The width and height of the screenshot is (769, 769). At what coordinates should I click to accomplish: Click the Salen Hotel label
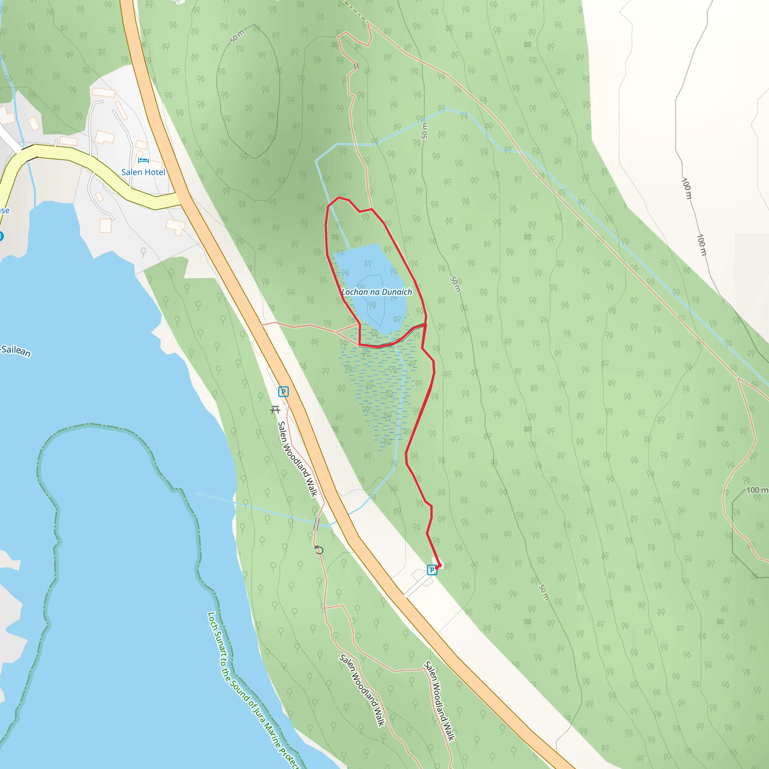click(143, 172)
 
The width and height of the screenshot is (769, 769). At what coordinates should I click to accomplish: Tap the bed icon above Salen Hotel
click(143, 160)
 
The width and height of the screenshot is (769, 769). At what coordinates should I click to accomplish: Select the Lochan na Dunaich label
click(377, 292)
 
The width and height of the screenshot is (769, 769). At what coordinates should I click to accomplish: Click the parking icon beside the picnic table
click(283, 392)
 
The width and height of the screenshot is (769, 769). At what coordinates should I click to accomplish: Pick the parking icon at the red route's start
click(431, 570)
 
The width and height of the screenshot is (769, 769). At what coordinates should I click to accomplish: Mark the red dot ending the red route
click(438, 566)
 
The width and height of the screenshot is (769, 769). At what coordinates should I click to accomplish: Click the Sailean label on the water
click(16, 351)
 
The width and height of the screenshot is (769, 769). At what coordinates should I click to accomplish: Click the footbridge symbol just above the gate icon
click(317, 524)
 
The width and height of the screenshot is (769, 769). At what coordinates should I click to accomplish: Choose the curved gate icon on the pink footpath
click(318, 550)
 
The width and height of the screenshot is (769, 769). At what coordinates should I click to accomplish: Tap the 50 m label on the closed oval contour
click(237, 37)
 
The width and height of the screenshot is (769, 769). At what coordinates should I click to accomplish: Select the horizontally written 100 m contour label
click(757, 490)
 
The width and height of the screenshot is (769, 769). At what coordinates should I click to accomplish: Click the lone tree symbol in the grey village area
click(143, 252)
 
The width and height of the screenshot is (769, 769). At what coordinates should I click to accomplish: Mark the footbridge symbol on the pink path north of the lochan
click(356, 66)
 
